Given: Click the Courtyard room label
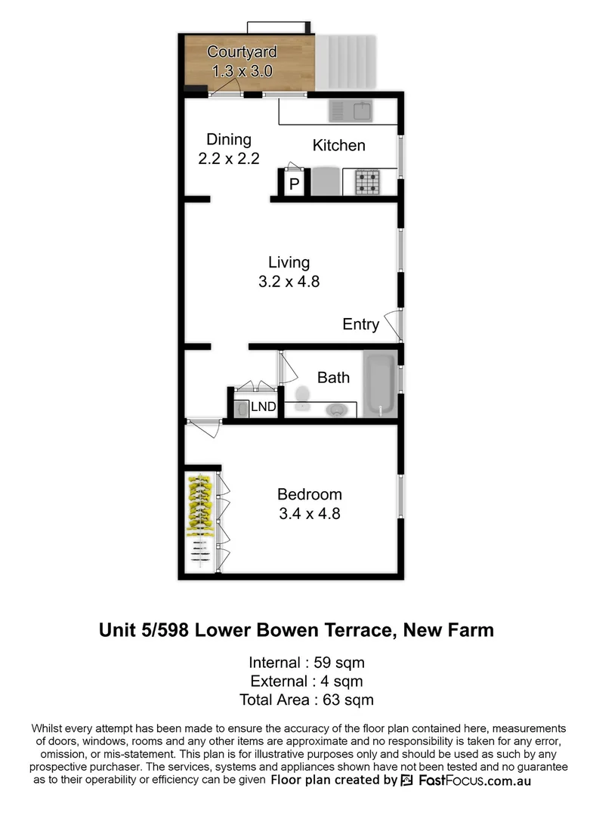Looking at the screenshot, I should pos(242,52).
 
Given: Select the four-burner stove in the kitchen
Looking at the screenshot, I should pos(368,181).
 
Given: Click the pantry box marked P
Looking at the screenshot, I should pos(294,184).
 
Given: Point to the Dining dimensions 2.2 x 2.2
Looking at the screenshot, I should pos(228,159).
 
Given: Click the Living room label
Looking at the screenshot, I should pos(289,262).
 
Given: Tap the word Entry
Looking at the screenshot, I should pos(360,324).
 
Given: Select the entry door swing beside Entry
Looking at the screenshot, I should pos(393,324).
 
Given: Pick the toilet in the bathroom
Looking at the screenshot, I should pos(304,394).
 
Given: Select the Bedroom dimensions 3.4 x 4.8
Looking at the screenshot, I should pos(309,514).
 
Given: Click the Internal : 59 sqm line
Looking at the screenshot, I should pos(306,663).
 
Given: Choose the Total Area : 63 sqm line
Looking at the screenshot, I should pos(306,700).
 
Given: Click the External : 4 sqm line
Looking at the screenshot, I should pos(306,682).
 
